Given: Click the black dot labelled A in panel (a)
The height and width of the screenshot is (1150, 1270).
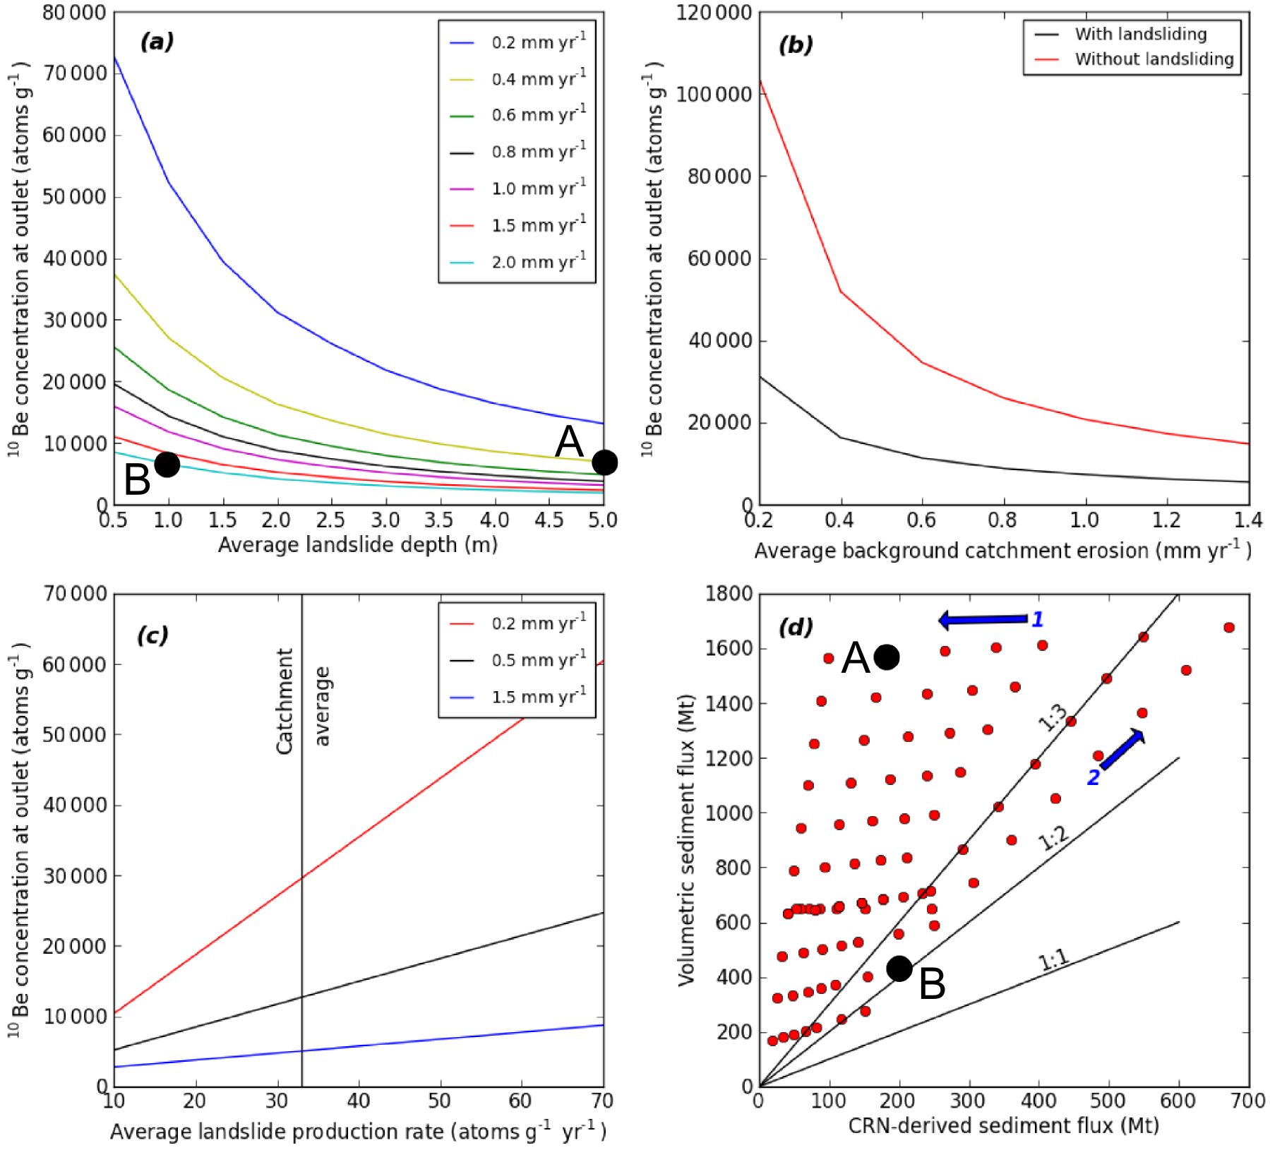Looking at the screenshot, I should point(604,462).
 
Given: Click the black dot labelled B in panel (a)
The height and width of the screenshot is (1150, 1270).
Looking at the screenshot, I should point(167,464).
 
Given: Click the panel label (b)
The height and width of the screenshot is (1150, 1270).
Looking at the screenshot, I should point(796,45).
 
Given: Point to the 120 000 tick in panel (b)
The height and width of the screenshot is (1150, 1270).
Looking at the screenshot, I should point(714,13).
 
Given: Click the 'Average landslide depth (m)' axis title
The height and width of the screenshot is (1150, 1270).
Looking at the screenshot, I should point(357,545).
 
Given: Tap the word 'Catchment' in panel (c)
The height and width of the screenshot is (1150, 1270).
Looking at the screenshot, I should point(284,701).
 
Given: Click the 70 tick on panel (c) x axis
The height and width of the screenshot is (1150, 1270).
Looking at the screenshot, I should point(602,1101).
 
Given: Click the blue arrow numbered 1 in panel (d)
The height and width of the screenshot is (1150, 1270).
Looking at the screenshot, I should point(983,620).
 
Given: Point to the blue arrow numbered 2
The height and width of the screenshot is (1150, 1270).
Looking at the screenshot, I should point(1122,750).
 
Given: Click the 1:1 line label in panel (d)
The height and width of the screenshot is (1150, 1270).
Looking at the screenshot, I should point(1053,960).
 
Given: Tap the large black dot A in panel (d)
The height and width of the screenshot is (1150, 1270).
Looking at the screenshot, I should point(887,657).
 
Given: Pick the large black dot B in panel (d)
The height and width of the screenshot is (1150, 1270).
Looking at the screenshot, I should point(899,969).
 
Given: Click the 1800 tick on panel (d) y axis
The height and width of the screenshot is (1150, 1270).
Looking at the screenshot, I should point(729,594).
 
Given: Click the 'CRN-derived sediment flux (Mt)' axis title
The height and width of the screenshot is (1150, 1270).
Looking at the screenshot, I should point(1003,1125).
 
